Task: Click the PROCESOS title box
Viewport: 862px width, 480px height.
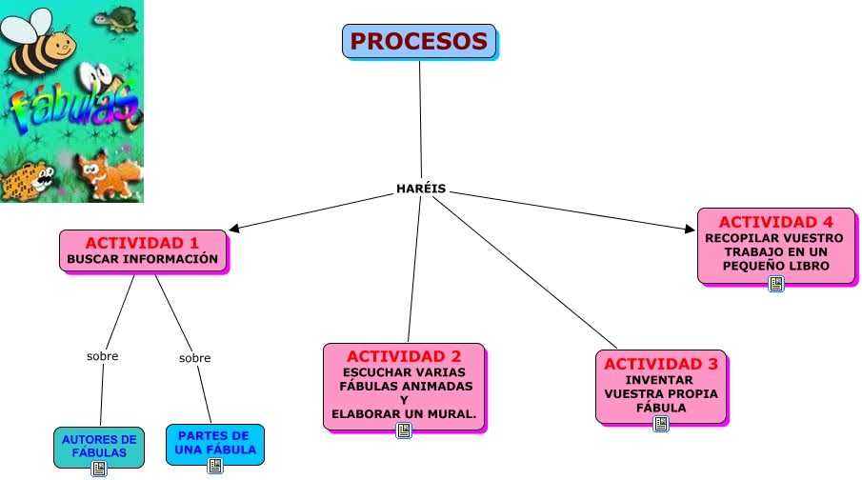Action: [x=419, y=42]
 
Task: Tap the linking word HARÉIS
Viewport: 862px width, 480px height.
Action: [x=421, y=189]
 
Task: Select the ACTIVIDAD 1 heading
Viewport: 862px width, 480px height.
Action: [x=142, y=243]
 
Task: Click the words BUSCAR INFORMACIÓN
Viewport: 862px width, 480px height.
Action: [x=143, y=259]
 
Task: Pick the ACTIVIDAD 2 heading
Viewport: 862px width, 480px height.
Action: [x=404, y=356]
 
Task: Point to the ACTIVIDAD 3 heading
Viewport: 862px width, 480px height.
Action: [x=661, y=364]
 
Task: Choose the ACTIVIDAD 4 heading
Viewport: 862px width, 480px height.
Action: [x=775, y=222]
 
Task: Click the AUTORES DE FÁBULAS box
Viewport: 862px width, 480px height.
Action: [x=99, y=446]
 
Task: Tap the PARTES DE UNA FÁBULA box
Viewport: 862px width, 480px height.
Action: [x=214, y=442]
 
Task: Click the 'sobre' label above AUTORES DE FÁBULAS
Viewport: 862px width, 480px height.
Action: [x=102, y=356]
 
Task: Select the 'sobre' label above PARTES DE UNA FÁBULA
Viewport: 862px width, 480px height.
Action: [x=194, y=358]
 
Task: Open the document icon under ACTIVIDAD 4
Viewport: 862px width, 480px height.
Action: [x=776, y=283]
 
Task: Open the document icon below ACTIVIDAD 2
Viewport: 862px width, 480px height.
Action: [x=404, y=430]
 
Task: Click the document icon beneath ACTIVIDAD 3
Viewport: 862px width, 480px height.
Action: [x=661, y=424]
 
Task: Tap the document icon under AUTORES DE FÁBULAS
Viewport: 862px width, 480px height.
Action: [x=98, y=469]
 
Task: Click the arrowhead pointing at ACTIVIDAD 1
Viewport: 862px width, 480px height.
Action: [x=234, y=228]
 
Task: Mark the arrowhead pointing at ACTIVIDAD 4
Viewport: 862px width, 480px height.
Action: [x=691, y=229]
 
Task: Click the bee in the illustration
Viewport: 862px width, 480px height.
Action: [x=40, y=43]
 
